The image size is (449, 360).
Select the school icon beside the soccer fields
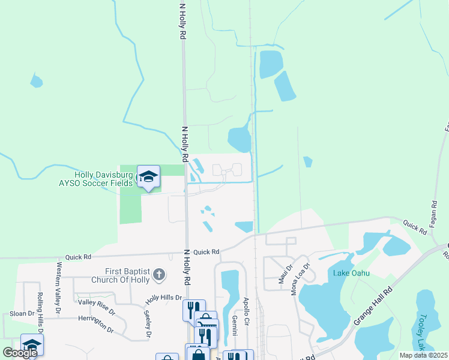tap(148, 177)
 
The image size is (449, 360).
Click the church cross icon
tap(159, 275)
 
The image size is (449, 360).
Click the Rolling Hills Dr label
tap(40, 313)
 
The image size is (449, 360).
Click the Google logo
tap(20, 353)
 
